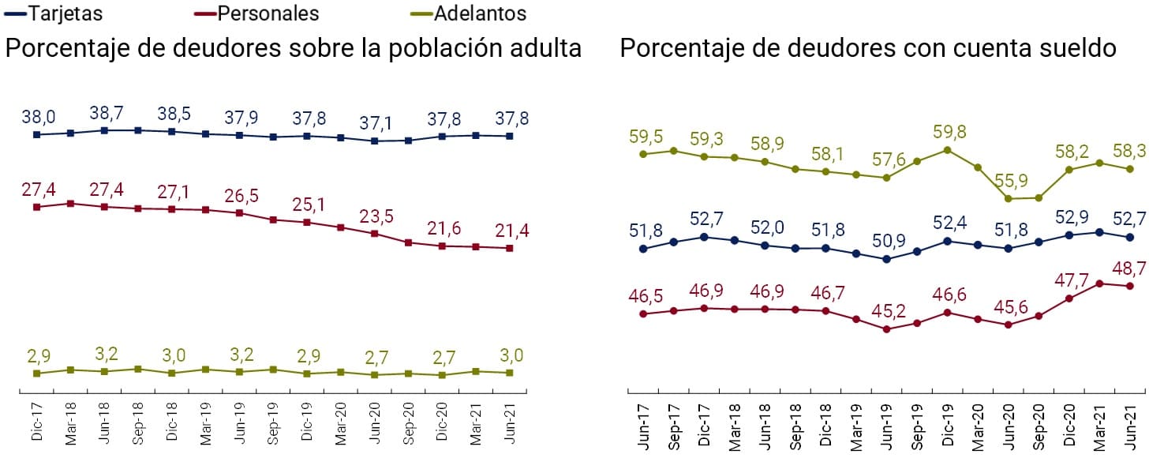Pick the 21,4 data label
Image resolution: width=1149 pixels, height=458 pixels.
tap(511, 231)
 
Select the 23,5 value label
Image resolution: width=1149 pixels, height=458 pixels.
tap(376, 217)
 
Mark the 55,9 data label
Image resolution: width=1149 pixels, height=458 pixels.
tap(1008, 180)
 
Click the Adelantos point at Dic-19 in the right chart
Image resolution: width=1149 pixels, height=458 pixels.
tap(947, 149)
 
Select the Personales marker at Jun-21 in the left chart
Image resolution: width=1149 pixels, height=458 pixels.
tap(510, 248)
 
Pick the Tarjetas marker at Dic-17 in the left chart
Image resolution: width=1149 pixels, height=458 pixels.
tap(36, 135)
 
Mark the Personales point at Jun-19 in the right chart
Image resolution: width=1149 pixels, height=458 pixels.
tap(886, 329)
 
